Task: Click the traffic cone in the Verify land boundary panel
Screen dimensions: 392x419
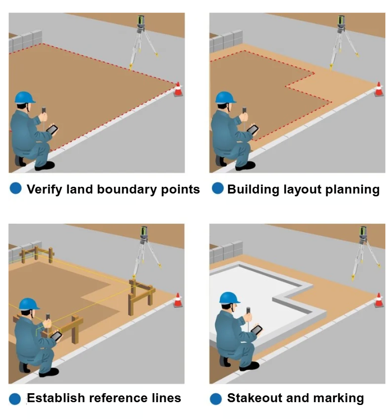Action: coord(178,89)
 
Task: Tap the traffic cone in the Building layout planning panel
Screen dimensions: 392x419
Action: coord(379,89)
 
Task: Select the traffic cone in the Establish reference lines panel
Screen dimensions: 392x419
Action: coord(178,300)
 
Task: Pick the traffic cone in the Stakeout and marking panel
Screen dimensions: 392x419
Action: coord(379,300)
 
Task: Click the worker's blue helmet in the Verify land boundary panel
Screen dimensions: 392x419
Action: coord(24,98)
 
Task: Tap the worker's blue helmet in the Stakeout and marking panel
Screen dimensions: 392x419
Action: coord(229,298)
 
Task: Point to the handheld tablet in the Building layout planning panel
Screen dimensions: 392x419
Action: coord(253,130)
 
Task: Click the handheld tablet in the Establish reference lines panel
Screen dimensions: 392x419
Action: coord(57,335)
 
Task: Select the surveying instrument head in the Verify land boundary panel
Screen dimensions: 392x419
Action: coord(141,22)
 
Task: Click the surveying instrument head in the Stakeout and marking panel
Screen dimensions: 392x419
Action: coord(363,233)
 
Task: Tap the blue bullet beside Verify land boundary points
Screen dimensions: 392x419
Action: coord(16,188)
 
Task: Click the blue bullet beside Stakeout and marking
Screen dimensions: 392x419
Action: coord(216,399)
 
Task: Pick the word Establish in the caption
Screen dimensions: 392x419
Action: coord(56,398)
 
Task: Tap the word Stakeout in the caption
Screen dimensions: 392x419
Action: coord(255,398)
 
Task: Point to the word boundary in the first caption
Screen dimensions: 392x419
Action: coord(127,190)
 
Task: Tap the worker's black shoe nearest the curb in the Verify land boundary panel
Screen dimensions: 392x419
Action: coord(45,165)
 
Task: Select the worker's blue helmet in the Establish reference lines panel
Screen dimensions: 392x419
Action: coord(29,304)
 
